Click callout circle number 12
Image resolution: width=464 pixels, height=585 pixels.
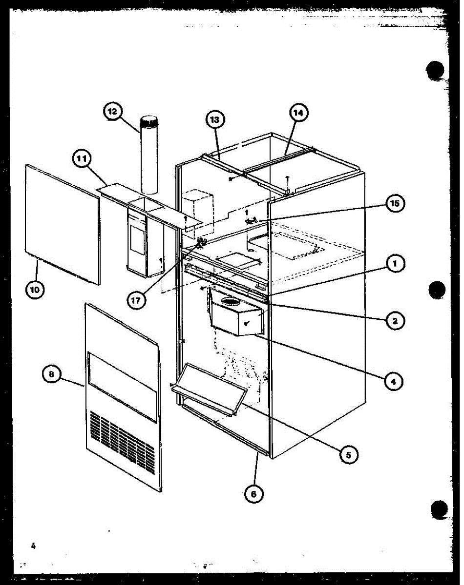(113, 112)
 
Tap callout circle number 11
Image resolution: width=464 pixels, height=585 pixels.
(82, 159)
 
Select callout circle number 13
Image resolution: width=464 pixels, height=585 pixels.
(215, 119)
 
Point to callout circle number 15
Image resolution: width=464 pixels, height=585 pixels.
(394, 204)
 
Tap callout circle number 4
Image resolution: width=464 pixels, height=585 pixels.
(393, 381)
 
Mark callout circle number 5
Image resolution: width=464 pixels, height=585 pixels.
(348, 454)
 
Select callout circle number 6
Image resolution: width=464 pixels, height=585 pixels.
(253, 493)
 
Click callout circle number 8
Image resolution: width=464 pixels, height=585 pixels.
(52, 374)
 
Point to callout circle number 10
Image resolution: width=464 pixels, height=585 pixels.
(35, 289)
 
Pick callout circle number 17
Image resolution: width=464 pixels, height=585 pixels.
(136, 300)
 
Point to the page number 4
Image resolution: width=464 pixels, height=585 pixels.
(33, 546)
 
